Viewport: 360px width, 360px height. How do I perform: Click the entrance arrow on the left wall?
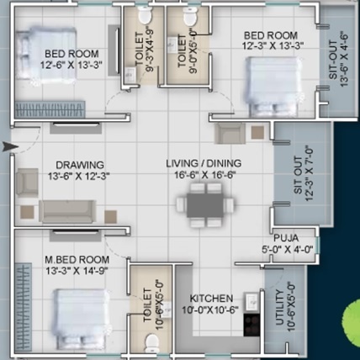(9, 147)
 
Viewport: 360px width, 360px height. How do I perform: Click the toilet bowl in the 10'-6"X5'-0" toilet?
(151, 341)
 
